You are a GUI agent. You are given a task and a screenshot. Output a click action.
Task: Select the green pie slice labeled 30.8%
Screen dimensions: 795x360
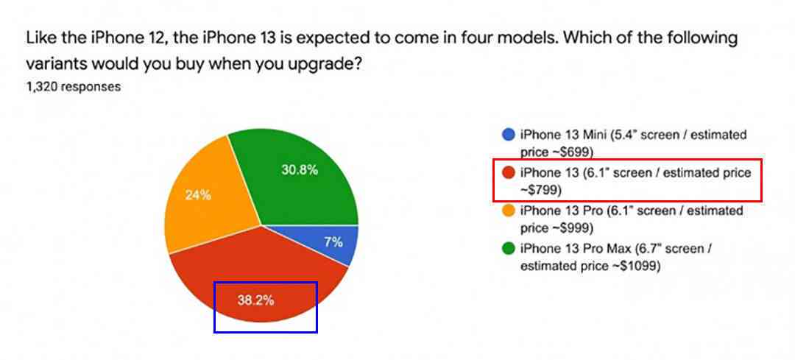click(299, 172)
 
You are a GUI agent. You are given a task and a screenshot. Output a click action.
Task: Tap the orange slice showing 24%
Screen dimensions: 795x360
click(208, 198)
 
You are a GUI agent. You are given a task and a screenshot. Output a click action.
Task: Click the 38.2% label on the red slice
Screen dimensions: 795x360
click(255, 300)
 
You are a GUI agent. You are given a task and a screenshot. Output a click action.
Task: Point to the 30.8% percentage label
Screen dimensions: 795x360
click(300, 170)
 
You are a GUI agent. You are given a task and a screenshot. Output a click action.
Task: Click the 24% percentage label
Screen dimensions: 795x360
click(198, 195)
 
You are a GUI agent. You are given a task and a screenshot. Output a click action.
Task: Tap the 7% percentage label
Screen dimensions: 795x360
click(333, 242)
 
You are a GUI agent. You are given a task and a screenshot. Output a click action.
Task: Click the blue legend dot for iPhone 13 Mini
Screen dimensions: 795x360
click(509, 135)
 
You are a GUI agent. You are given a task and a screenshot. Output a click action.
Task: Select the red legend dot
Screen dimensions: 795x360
click(509, 173)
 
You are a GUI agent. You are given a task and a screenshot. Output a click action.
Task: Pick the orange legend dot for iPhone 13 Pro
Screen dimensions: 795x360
click(509, 211)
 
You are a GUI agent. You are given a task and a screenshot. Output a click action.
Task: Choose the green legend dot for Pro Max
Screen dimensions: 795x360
click(509, 249)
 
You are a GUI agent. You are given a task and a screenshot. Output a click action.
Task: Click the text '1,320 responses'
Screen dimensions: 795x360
click(74, 87)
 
